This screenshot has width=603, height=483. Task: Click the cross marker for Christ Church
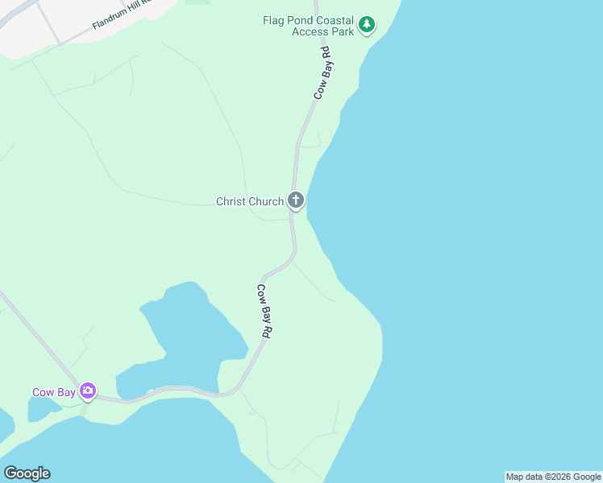point(296,200)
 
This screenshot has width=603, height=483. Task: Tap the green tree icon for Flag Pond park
point(367,25)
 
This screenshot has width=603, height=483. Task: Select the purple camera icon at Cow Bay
point(88,392)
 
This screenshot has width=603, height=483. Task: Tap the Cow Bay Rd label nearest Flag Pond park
point(323,72)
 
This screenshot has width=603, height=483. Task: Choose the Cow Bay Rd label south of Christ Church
point(264,310)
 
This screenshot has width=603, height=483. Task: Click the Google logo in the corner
point(27,473)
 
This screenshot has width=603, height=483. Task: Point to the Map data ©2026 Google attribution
point(553,477)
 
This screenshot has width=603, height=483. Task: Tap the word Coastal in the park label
point(331,20)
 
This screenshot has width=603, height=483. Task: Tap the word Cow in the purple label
point(43,393)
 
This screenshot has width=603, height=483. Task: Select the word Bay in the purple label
point(65,393)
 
